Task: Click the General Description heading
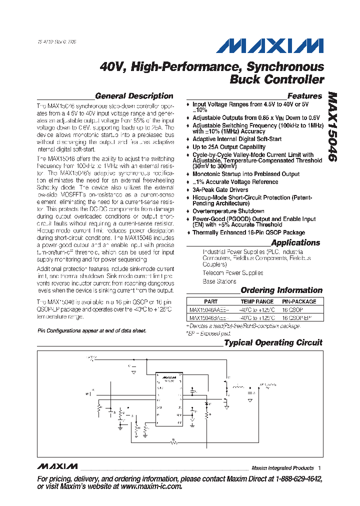[134, 96]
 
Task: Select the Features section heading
[304, 96]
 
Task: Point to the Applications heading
[295, 242]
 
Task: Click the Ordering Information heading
[281, 290]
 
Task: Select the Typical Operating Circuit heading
[273, 342]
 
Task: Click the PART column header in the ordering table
[211, 301]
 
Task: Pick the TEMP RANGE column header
[257, 301]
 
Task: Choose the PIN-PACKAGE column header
[299, 301]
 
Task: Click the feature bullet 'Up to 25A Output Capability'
[229, 147]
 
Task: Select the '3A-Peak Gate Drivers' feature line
[220, 190]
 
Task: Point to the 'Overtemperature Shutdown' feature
[228, 211]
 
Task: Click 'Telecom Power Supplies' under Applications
[232, 273]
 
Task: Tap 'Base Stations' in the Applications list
[219, 281]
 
